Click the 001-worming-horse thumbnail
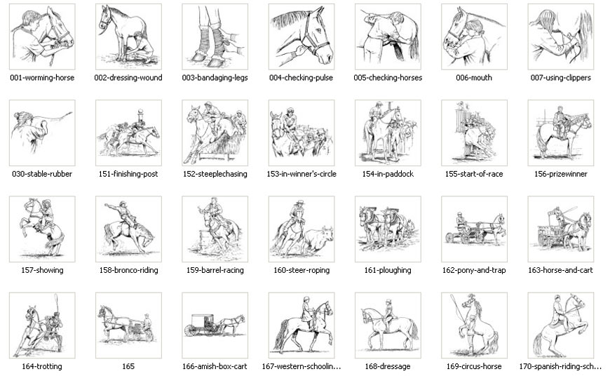pyautogui.click(x=42, y=36)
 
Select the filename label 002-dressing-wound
pyautogui.click(x=128, y=78)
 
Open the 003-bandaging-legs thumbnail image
pyautogui.click(x=215, y=36)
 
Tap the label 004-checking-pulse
pyautogui.click(x=301, y=78)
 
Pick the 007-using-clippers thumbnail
pyautogui.click(x=560, y=36)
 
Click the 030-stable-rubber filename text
pyautogui.click(x=42, y=174)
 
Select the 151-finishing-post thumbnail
pyautogui.click(x=128, y=133)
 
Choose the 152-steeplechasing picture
pyautogui.click(x=215, y=133)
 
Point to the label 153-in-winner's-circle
pyautogui.click(x=301, y=174)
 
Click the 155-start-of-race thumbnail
pyautogui.click(x=474, y=133)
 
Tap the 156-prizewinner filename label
pyautogui.click(x=560, y=174)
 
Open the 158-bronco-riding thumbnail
pyautogui.click(x=128, y=229)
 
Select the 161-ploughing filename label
pyautogui.click(x=388, y=270)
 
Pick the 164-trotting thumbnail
pyautogui.click(x=42, y=325)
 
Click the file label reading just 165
pyautogui.click(x=128, y=366)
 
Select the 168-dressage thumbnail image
pyautogui.click(x=388, y=325)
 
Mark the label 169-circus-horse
pyautogui.click(x=474, y=366)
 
